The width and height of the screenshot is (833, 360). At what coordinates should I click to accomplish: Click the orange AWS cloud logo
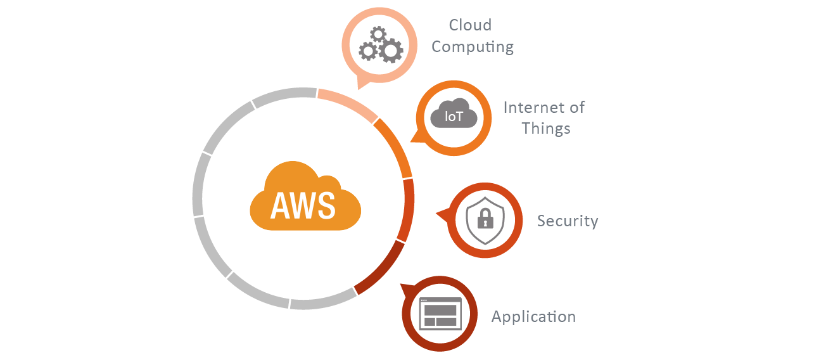pos(305,196)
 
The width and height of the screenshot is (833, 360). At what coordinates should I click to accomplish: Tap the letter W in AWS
pos(303,204)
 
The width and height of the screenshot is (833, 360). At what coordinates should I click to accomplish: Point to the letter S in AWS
pos(325,204)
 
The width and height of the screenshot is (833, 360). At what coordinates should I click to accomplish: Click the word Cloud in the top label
pos(470,25)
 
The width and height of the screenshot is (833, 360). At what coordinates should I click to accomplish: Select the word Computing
pos(472,47)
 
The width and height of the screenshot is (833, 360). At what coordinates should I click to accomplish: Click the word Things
pos(545,129)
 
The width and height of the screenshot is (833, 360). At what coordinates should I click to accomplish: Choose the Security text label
pos(567,221)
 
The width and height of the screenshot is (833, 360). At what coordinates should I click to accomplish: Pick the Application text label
pos(533,316)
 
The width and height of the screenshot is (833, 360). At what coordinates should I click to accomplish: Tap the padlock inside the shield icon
pos(485,219)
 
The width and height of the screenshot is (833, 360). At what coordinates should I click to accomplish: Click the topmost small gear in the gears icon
pos(378,34)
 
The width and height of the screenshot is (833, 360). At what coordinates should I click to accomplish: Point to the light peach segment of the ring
pos(348,103)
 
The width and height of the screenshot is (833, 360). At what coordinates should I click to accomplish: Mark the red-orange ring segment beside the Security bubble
pos(408,209)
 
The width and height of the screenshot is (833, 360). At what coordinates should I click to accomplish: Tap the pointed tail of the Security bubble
pos(440,215)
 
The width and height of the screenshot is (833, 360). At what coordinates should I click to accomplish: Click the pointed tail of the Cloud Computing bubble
pos(362,83)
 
